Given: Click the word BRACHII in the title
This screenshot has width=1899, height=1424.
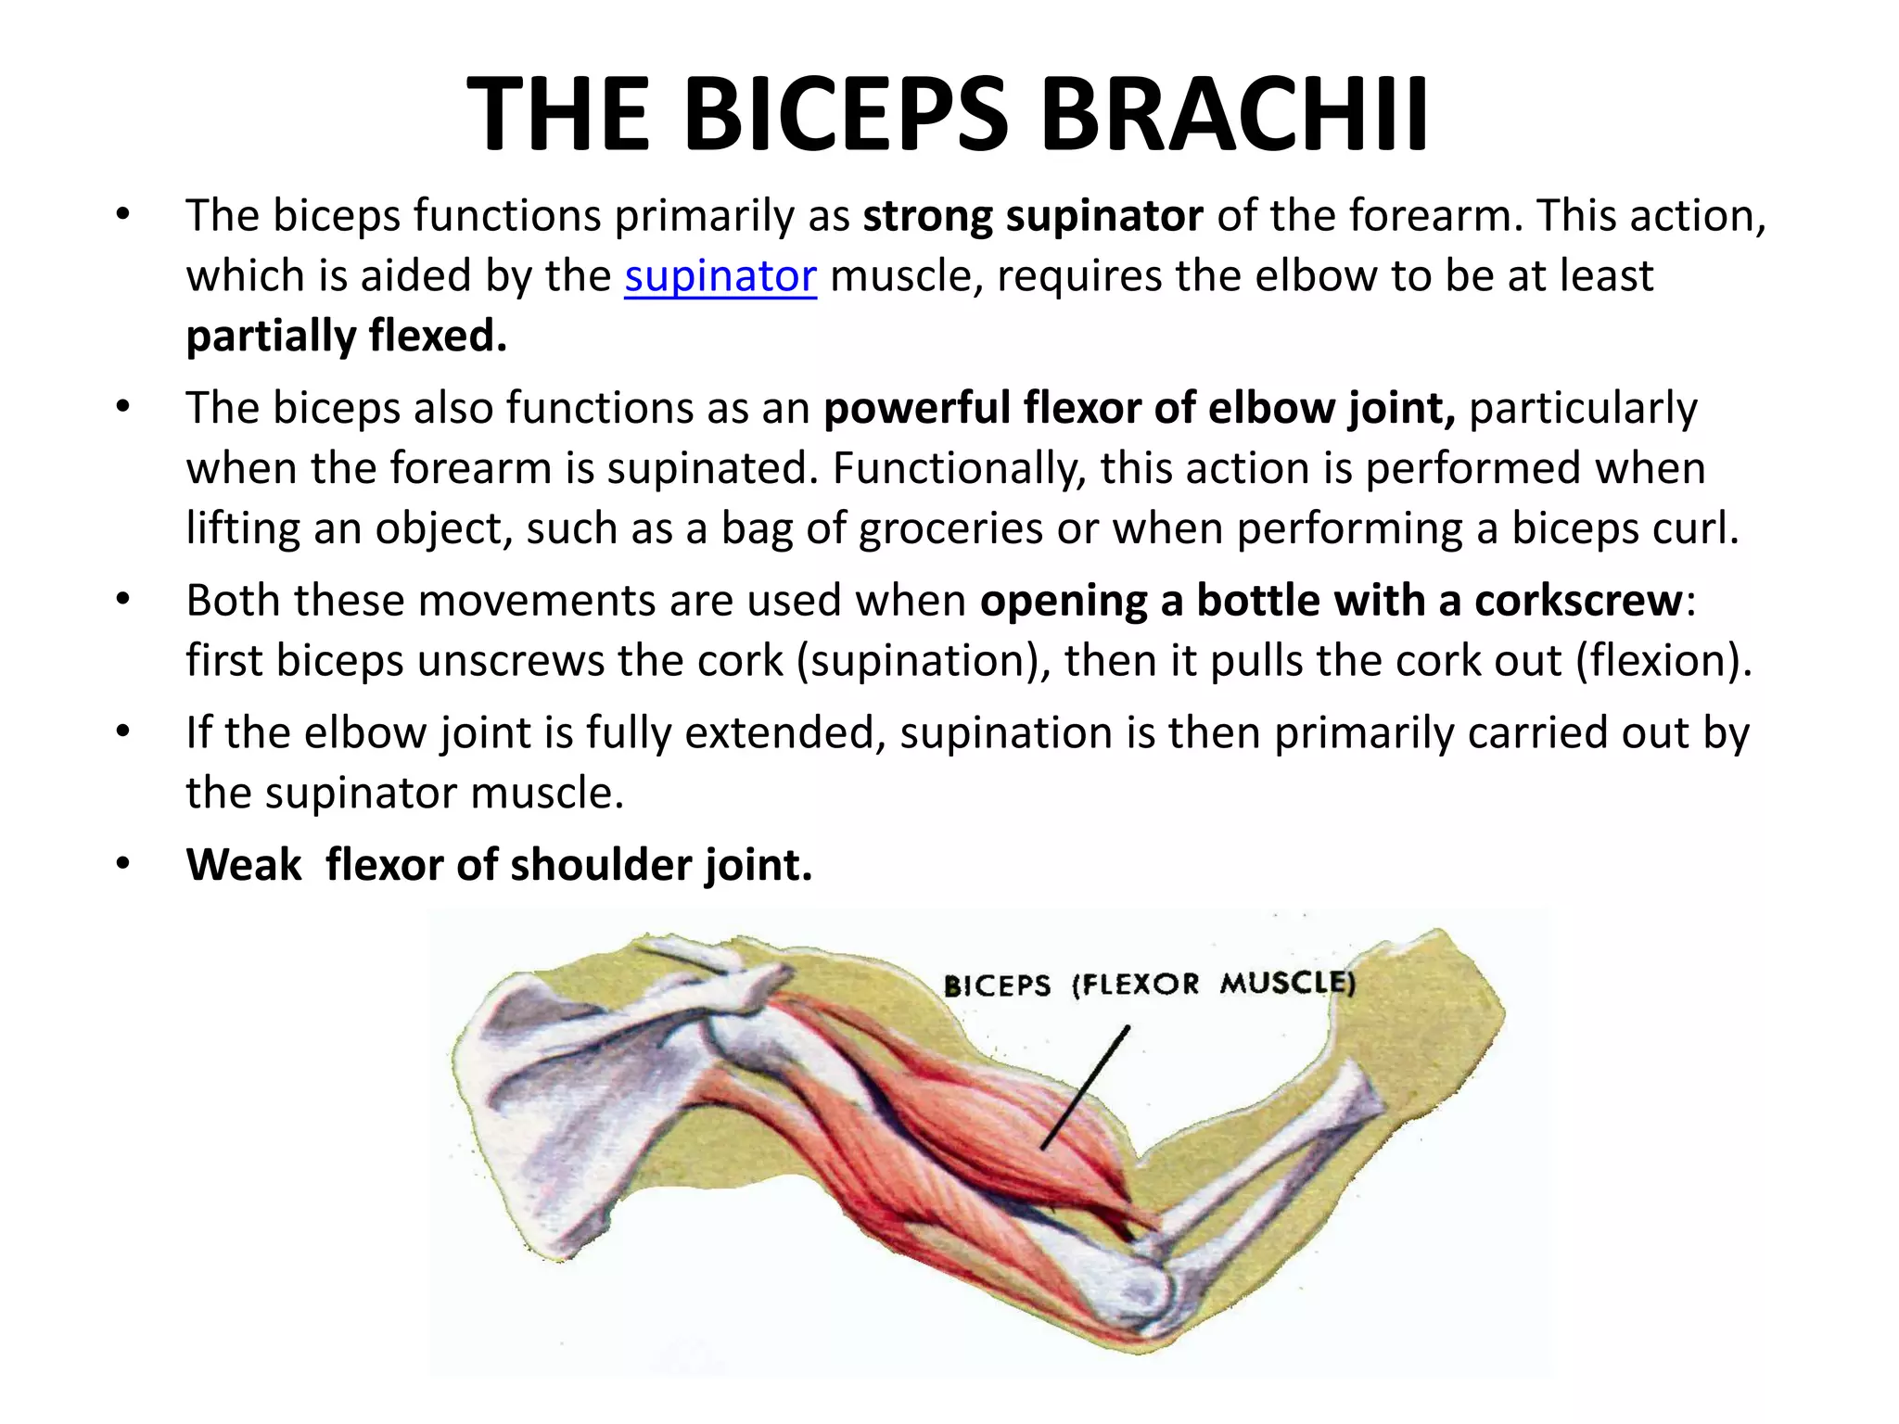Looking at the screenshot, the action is tap(1234, 115).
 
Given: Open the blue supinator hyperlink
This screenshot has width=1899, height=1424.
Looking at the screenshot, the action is tap(720, 276).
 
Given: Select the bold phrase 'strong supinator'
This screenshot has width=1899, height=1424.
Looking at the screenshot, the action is tap(1032, 216).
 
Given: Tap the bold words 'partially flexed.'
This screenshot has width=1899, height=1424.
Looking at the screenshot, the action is tap(346, 337).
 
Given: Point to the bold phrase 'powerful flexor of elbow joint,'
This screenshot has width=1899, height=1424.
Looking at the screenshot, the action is tap(1140, 409).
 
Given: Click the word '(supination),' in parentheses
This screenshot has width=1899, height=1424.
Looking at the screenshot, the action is tap(924, 661).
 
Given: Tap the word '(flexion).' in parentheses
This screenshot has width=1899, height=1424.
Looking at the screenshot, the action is tap(1663, 661).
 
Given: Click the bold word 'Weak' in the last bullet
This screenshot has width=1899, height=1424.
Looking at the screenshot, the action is tap(244, 865).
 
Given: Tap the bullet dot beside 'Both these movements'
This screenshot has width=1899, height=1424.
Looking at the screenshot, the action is tap(122, 601).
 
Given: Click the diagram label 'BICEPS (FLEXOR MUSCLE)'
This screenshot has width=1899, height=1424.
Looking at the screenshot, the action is tap(1149, 984).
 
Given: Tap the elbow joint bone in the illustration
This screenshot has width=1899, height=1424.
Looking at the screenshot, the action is tap(1136, 1284).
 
